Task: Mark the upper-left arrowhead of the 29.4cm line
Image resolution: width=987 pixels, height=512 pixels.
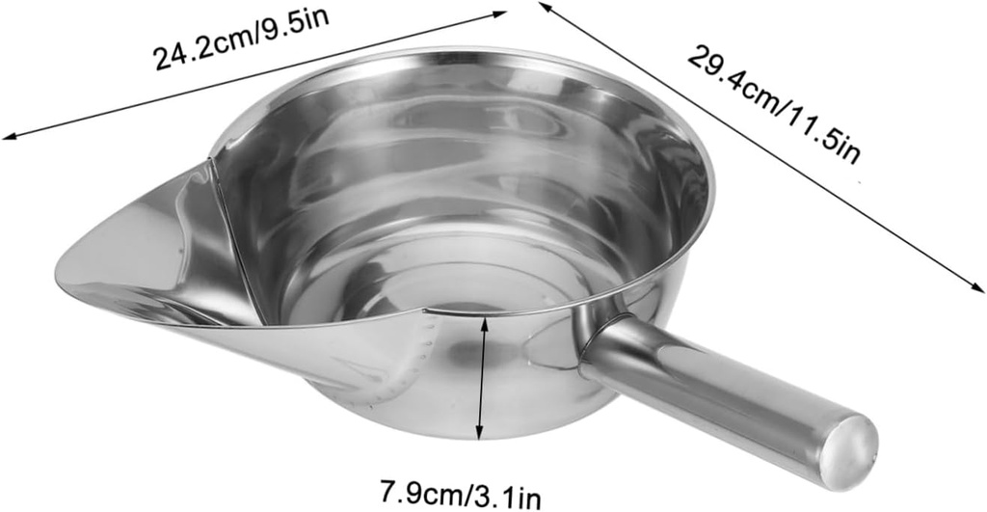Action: (x=544, y=6)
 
